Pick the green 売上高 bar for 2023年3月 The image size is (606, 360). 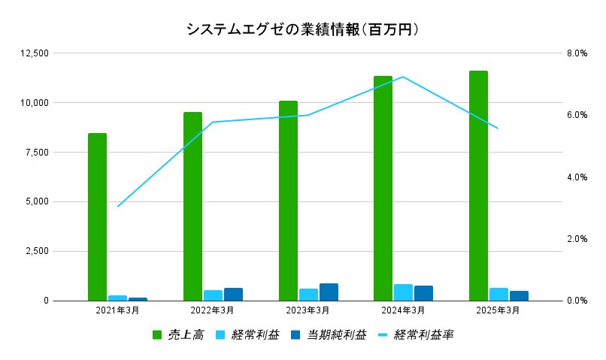[288, 201]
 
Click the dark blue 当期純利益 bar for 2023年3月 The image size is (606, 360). [329, 292]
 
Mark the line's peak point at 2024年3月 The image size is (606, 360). [403, 77]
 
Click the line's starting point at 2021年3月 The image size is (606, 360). [118, 206]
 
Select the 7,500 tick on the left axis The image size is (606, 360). [36, 153]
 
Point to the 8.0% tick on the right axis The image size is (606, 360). [576, 53]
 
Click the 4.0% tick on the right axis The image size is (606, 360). [576, 177]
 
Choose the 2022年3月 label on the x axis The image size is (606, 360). [212, 310]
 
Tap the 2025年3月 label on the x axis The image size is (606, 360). [498, 310]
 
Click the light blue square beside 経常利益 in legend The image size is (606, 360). [221, 334]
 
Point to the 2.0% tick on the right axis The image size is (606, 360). [576, 239]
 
